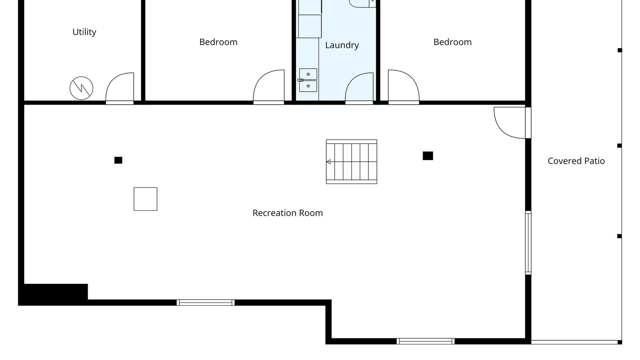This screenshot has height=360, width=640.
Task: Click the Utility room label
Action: click(x=84, y=32)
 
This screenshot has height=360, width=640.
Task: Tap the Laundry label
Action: click(x=342, y=45)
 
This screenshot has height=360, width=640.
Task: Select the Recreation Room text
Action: click(x=288, y=213)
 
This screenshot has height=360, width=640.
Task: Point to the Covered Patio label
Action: click(x=576, y=161)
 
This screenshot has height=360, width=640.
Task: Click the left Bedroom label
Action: click(x=218, y=42)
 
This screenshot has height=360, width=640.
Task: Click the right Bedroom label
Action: click(x=452, y=42)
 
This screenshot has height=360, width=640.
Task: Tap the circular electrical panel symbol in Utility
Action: click(x=81, y=88)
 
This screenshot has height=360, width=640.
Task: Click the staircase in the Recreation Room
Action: click(x=351, y=162)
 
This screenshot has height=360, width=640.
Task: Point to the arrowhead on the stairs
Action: click(x=328, y=162)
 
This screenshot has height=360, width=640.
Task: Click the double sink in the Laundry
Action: click(x=308, y=80)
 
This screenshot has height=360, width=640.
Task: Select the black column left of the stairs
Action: click(x=118, y=160)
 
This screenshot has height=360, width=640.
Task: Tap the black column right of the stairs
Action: click(x=428, y=156)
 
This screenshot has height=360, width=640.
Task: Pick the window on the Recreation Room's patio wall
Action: click(x=528, y=243)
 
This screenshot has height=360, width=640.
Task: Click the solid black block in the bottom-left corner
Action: click(x=53, y=294)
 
